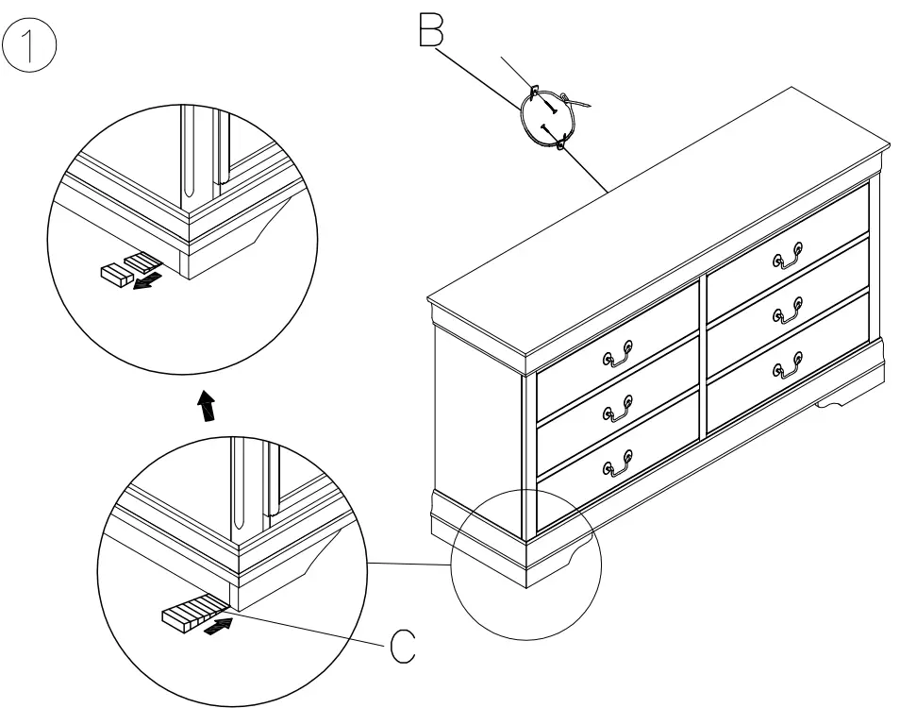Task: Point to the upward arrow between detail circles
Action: click(206, 407)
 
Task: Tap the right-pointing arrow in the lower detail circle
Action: click(219, 625)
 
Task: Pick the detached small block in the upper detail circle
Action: click(114, 274)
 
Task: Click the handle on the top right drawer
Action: click(789, 254)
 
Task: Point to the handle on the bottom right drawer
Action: click(789, 363)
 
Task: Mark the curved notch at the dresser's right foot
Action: click(834, 403)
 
